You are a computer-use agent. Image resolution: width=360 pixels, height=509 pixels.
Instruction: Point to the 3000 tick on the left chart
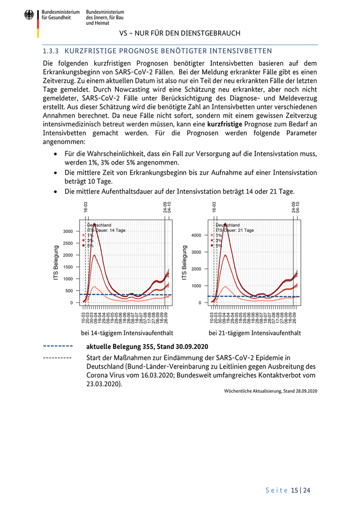(x=68, y=231)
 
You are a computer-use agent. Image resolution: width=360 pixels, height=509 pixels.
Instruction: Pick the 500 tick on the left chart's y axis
(x=70, y=291)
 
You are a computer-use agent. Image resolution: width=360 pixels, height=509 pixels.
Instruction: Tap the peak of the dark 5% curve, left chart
(x=94, y=225)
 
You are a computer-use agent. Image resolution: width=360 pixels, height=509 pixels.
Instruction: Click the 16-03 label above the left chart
(x=86, y=207)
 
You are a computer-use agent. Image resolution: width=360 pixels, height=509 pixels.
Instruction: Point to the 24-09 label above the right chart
(x=294, y=207)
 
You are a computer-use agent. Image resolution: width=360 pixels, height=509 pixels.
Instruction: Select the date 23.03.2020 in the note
(x=104, y=384)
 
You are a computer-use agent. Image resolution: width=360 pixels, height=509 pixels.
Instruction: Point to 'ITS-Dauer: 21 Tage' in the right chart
(x=235, y=230)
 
